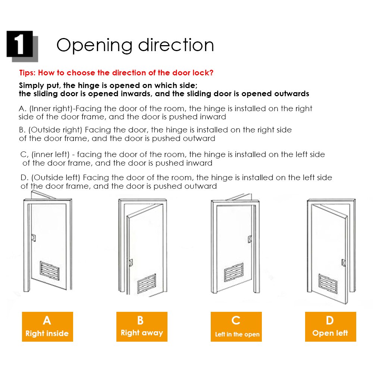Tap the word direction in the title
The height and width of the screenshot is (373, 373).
tap(176, 45)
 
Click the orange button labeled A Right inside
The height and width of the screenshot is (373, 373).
tap(47, 327)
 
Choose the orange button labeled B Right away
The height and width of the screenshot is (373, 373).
tap(142, 327)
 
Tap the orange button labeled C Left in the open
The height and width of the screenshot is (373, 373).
tap(236, 327)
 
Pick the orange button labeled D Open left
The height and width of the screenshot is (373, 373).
tap(330, 327)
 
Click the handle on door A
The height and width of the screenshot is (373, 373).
tap(34, 237)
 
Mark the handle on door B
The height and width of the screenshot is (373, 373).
tap(130, 263)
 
